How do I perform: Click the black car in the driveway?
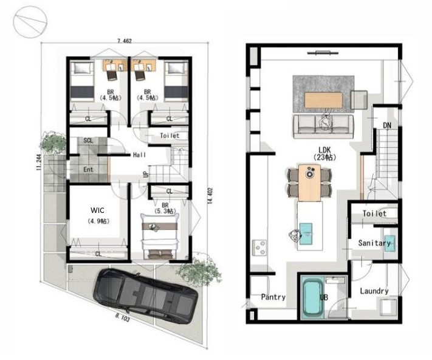pos(145,296)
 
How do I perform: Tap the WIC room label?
pos(98,210)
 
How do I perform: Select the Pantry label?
pos(273,297)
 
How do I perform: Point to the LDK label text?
pos(324,150)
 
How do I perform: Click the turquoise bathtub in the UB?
pos(313,297)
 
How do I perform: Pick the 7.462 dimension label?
pos(125,41)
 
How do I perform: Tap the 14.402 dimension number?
pos(210,196)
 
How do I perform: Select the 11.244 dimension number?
pos(39,162)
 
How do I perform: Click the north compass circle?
pos(30,22)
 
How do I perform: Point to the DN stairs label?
pos(387,126)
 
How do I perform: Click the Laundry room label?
pos(374,291)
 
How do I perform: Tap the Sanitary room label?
pos(374,243)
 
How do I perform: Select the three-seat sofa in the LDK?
pos(323,126)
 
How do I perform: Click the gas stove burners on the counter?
pos(260,248)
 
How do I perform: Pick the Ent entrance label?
pos(88,170)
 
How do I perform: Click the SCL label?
pos(88,140)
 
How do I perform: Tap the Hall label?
pos(139,155)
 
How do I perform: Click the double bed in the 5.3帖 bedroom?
pos(160,236)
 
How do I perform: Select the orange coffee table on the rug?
pos(323,100)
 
